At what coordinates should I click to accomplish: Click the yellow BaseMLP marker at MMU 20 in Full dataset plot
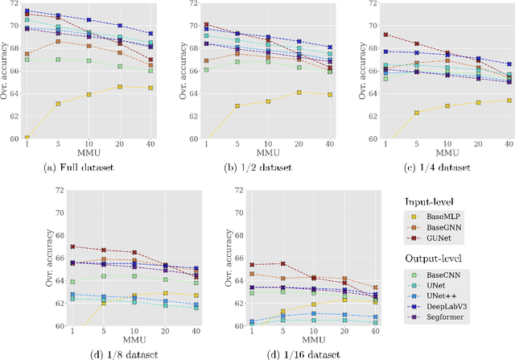click(120, 87)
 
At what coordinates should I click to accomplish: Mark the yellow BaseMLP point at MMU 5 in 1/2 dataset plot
click(237, 106)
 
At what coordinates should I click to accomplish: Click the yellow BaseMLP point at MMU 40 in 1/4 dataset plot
click(508, 100)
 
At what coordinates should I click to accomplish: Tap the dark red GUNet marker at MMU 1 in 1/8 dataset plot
click(72, 246)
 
